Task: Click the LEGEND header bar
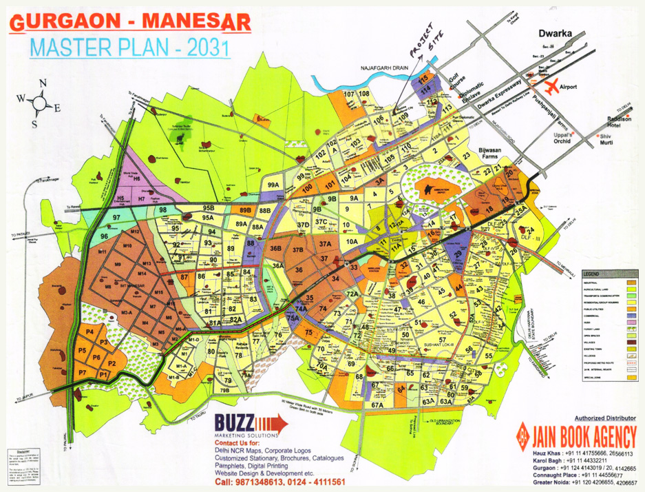coord(606,274)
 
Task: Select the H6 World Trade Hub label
coord(137,179)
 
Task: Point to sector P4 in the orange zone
coord(89,332)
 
